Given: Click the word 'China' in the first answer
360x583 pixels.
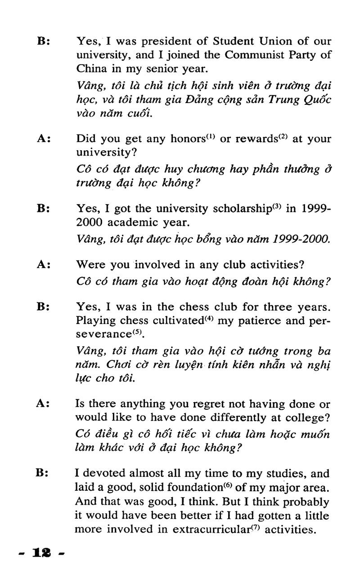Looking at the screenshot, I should (90, 69).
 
